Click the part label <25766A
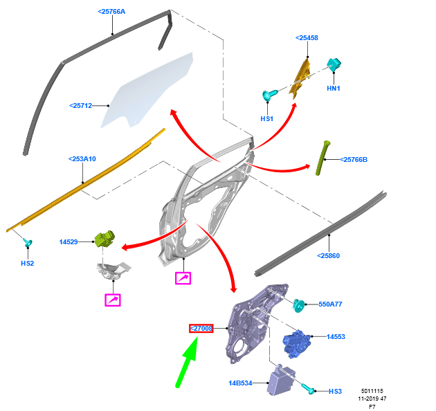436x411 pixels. (111, 12)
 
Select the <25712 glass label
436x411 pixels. (81, 105)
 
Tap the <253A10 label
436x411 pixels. (82, 159)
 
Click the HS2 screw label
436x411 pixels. (27, 263)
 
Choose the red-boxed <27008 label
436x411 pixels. (201, 328)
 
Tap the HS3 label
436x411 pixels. (336, 392)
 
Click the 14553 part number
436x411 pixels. (336, 337)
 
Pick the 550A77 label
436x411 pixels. (330, 304)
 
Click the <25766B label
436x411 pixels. (354, 160)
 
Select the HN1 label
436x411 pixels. (334, 88)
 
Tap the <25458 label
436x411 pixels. (307, 37)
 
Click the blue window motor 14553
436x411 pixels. (296, 341)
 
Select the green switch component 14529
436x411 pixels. (106, 239)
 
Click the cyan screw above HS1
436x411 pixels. (269, 94)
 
